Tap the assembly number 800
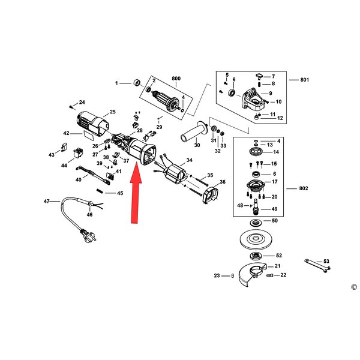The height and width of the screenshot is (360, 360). (x=176, y=78)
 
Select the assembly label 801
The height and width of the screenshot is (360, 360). (x=304, y=80)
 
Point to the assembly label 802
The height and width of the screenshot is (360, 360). (x=304, y=188)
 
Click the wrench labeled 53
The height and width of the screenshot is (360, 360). (x=317, y=266)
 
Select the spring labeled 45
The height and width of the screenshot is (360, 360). (x=100, y=191)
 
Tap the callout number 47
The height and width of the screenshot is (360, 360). (x=47, y=201)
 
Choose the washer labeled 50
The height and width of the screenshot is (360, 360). (x=254, y=223)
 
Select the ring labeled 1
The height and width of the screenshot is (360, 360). (x=137, y=82)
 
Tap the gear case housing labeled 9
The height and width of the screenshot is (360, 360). (x=252, y=100)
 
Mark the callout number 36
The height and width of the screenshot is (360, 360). (x=223, y=182)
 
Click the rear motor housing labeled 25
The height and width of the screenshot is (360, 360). (x=92, y=124)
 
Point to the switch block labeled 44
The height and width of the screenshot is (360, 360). (x=78, y=153)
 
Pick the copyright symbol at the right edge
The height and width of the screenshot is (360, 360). (x=354, y=287)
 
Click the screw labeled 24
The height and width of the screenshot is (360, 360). (x=71, y=107)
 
